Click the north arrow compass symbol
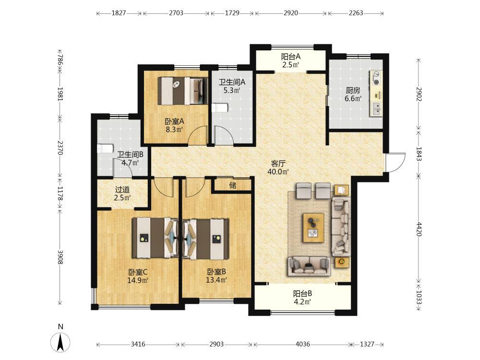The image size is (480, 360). click(60, 342)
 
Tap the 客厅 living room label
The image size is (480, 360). click(278, 164)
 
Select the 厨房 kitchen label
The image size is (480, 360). click(353, 90)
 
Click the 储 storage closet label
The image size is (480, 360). click(233, 185)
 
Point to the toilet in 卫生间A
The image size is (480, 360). click(220, 108)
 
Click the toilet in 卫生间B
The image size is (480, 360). click(105, 149)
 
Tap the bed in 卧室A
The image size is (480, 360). click(181, 91)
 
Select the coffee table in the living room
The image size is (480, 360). click(313, 228)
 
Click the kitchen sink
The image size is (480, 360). click(376, 108)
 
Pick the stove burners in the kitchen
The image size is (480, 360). click(376, 78)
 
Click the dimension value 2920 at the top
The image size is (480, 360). click(291, 13)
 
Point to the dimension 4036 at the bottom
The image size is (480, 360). click(302, 344)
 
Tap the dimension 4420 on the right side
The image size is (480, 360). click(419, 229)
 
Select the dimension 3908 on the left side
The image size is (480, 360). click(60, 257)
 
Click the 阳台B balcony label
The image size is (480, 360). click(302, 294)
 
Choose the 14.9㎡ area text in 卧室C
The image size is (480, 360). click(138, 280)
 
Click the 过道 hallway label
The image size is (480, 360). click(122, 190)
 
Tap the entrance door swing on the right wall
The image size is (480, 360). click(395, 163)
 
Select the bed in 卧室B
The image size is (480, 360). click(206, 239)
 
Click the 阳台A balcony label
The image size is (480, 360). click(291, 57)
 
